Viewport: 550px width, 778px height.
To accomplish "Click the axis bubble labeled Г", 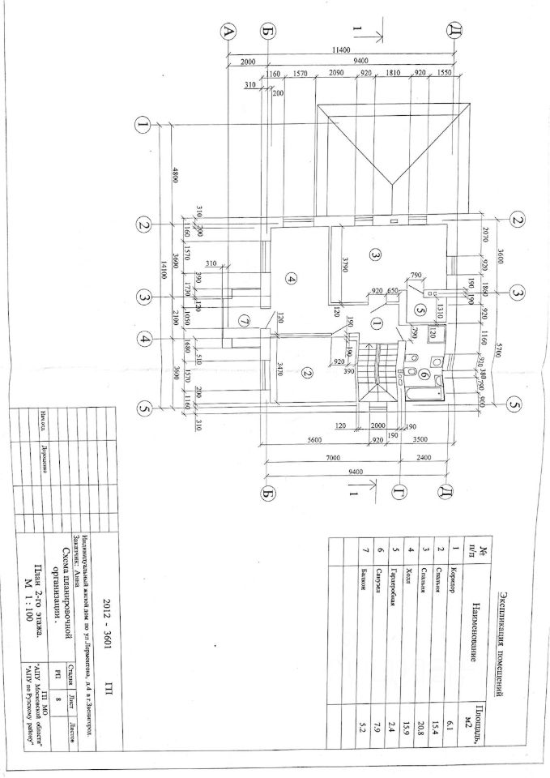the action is point(399,491).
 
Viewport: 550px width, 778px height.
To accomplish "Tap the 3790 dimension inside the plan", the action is point(343,264).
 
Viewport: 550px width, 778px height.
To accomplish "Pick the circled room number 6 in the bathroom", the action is point(424,373).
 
